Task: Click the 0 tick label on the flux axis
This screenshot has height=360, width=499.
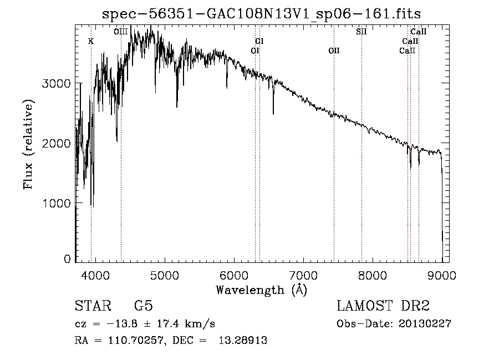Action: (67, 259)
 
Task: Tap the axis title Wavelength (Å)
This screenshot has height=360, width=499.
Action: (261, 290)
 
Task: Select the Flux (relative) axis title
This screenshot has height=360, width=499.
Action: (28, 144)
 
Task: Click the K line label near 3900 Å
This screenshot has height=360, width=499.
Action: (91, 41)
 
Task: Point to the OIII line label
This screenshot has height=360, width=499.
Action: (121, 32)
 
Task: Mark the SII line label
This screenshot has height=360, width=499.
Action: (361, 32)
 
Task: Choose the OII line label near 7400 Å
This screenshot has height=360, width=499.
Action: (334, 50)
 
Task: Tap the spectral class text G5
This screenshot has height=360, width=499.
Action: (143, 307)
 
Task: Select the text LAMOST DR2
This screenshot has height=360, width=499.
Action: (383, 307)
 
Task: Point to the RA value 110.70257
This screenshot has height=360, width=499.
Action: (129, 341)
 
